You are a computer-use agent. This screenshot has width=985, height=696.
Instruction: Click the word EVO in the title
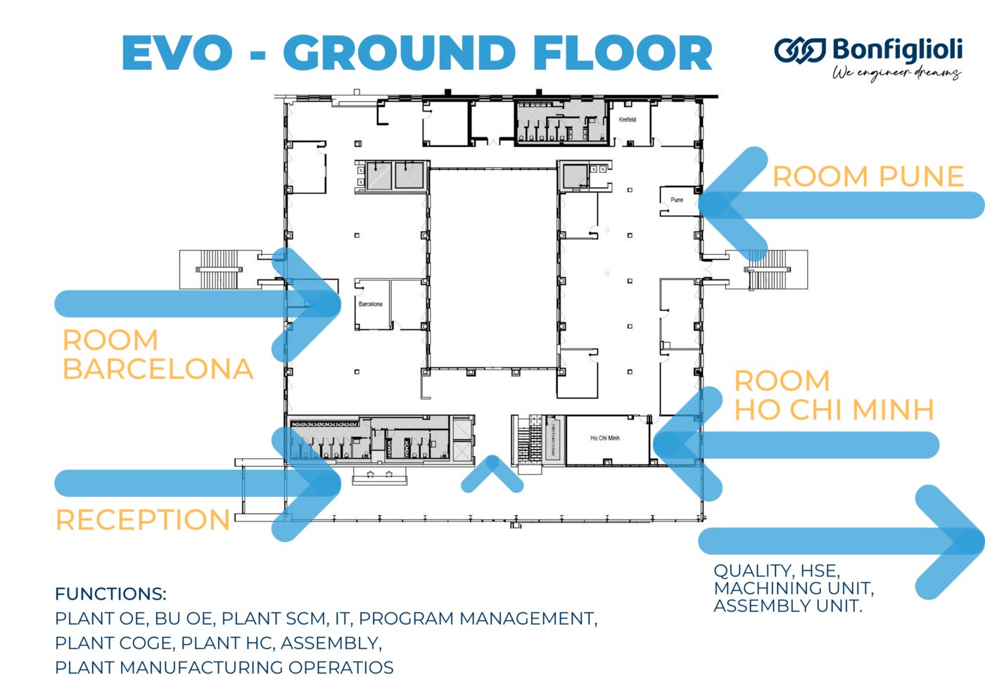point(177,53)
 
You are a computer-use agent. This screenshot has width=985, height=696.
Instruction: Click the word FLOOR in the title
point(623,53)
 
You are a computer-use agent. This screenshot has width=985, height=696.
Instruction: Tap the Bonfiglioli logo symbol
point(800,51)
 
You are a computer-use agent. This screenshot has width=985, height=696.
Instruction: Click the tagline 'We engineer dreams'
point(897,73)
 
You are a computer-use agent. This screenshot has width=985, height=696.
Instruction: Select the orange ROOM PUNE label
point(868,177)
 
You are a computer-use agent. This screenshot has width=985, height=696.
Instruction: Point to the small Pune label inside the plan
point(677,200)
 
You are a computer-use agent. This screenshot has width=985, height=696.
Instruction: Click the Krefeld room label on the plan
point(628,120)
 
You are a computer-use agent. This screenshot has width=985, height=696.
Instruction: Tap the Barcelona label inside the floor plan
point(371,304)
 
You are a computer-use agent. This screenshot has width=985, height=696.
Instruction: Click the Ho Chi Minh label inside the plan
point(605,438)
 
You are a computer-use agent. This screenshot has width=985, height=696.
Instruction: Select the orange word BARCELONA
point(158,369)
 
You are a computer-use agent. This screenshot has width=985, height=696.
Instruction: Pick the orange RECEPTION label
point(143,521)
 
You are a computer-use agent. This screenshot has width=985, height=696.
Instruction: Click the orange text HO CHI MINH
point(834,410)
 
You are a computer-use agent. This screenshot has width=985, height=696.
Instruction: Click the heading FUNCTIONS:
point(110,594)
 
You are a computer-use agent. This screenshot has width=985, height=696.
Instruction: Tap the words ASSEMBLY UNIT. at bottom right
point(788,606)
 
